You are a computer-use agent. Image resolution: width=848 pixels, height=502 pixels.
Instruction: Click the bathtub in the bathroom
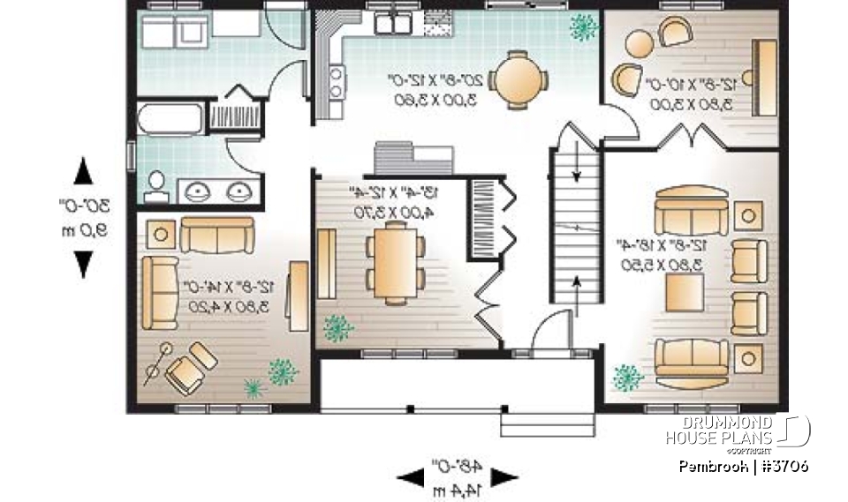click(170, 118)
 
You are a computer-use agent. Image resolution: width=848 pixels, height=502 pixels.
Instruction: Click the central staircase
click(575, 229)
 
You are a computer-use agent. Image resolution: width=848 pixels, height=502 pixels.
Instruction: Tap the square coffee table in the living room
click(685, 292)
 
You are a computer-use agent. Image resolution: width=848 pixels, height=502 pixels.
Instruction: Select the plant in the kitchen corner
click(583, 27)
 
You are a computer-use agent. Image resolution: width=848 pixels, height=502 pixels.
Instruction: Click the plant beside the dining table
click(337, 328)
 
